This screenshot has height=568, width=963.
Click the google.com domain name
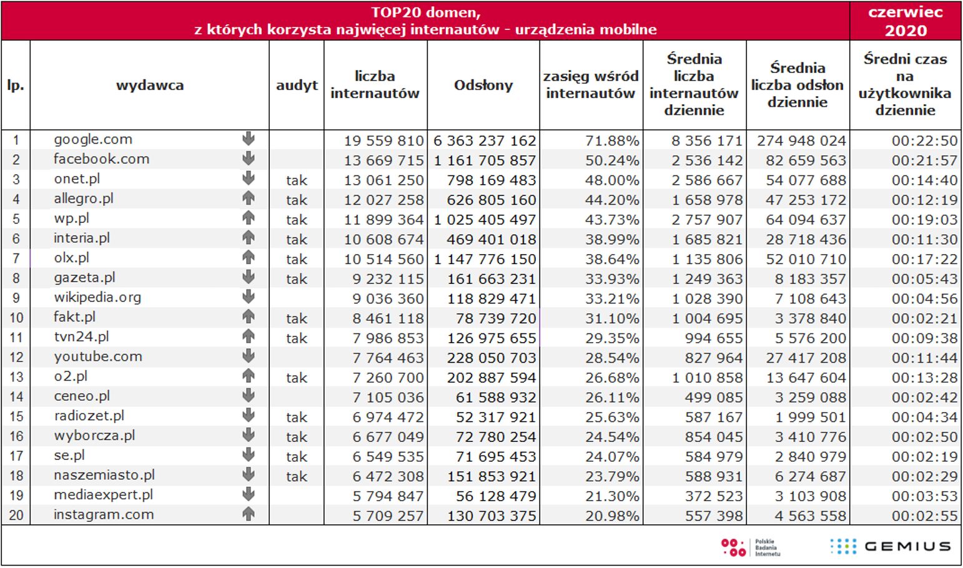pyautogui.click(x=92, y=139)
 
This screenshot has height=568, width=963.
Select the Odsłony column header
pyautogui.click(x=483, y=85)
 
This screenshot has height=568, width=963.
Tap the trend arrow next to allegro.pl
pyautogui.click(x=249, y=198)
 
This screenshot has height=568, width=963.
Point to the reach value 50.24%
pyautogui.click(x=612, y=160)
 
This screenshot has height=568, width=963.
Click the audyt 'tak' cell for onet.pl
pyautogui.click(x=297, y=180)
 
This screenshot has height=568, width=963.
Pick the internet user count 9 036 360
pyautogui.click(x=388, y=299)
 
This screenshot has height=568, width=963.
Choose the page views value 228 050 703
pyautogui.click(x=491, y=358)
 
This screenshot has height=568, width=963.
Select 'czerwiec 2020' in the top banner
pyautogui.click(x=905, y=21)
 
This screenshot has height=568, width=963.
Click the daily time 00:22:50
pyautogui.click(x=924, y=140)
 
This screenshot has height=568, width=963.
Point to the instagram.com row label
pyautogui.click(x=104, y=514)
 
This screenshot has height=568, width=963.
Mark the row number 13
pyautogui.click(x=16, y=377)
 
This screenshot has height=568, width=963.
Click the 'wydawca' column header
pyautogui.click(x=150, y=85)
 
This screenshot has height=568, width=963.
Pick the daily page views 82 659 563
pyautogui.click(x=806, y=160)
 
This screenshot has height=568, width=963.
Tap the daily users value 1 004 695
pyautogui.click(x=707, y=318)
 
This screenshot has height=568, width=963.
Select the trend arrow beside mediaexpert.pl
pyautogui.click(x=249, y=494)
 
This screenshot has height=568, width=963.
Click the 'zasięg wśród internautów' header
pyautogui.click(x=591, y=85)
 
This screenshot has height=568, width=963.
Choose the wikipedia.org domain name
pyautogui.click(x=97, y=297)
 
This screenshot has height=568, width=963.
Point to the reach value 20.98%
pyautogui.click(x=612, y=516)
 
